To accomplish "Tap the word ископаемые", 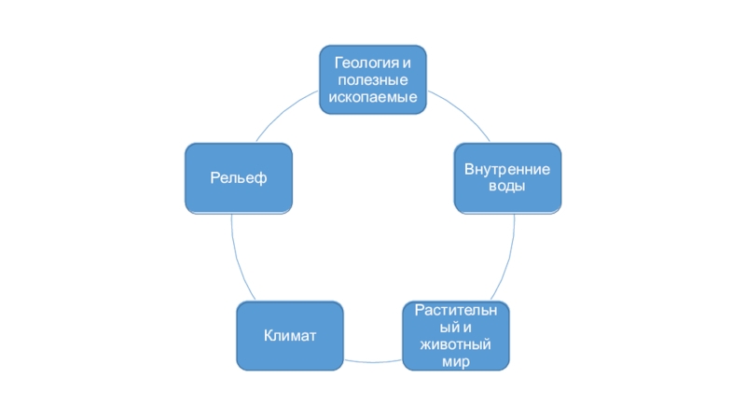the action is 372,97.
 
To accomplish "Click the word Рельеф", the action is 239,178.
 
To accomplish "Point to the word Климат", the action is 290,336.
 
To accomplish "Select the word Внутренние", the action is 507,170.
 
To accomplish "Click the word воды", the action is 507,187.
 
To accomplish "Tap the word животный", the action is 457,344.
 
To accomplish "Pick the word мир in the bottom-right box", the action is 457,361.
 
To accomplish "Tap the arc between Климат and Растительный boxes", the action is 373,360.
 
